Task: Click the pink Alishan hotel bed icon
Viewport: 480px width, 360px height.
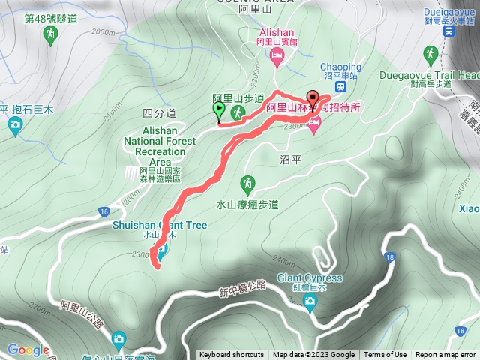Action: tap(277, 56)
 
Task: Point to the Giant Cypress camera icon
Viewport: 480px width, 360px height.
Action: tap(310, 301)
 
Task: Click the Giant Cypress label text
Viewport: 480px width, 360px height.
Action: tap(310, 278)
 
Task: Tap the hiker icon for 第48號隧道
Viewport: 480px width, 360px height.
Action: tap(50, 35)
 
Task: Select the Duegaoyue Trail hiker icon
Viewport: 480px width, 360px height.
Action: tap(430, 54)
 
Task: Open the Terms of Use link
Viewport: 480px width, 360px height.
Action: tap(385, 355)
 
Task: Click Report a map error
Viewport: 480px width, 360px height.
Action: tap(447, 355)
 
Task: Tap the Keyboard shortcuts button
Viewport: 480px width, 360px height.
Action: tap(232, 355)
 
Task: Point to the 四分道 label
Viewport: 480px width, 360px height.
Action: tap(158, 113)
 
